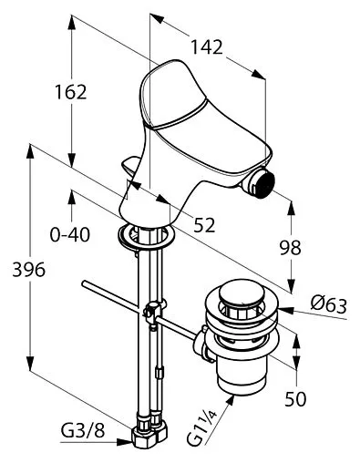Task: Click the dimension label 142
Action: coord(207,47)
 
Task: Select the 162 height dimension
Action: coord(70,92)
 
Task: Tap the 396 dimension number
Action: coord(28,270)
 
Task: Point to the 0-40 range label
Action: coord(70,234)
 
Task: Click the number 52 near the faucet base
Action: coord(204,225)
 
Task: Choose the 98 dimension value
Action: coord(291,247)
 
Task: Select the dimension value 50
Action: coord(295,399)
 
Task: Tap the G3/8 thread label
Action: coord(83,430)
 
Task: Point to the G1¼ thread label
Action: coord(201,430)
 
